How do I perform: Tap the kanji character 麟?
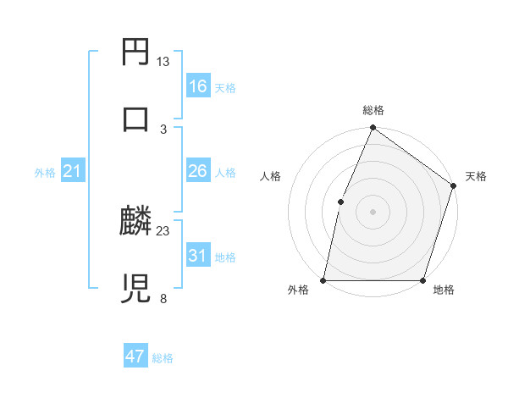[136, 223]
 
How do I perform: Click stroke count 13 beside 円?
[163, 62]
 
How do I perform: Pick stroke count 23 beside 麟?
[163, 230]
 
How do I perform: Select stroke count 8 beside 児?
[163, 297]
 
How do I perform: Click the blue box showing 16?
[198, 86]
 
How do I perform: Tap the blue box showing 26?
[198, 171]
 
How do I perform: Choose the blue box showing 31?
[198, 256]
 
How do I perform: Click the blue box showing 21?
[72, 172]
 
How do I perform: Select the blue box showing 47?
[135, 357]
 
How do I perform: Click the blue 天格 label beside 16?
[225, 88]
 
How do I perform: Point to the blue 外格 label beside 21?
[45, 173]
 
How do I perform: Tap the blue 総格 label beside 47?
[163, 358]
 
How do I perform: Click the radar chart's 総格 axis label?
[373, 110]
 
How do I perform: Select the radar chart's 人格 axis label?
[271, 176]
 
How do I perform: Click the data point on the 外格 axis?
[323, 280]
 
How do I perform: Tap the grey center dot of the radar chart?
[373, 212]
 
